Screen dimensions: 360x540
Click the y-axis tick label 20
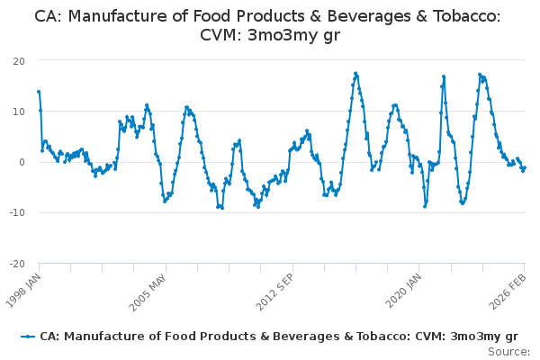[x=18, y=60]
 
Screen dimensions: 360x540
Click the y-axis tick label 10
[x=18, y=111]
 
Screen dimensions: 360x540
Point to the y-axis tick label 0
[x=21, y=162]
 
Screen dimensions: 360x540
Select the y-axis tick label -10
[x=15, y=212]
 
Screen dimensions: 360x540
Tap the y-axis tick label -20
[x=15, y=264]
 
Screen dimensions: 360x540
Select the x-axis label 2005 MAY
[x=148, y=287]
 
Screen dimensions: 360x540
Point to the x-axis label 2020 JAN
[x=402, y=287]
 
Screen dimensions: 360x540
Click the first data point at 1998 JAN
[x=39, y=91]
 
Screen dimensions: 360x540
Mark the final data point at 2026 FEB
[x=524, y=167]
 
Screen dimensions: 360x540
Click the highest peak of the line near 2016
[x=355, y=73]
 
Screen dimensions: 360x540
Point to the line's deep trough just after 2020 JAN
[x=425, y=206]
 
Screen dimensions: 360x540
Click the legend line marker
[x=29, y=336]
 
